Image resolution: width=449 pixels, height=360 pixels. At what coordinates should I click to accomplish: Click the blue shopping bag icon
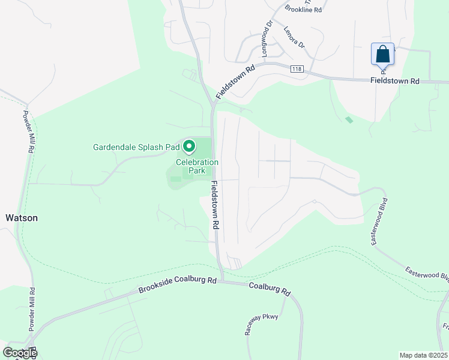click(x=383, y=55)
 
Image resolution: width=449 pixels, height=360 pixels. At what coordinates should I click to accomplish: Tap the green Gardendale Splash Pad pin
click(x=189, y=146)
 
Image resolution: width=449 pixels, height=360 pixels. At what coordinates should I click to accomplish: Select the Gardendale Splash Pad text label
click(x=136, y=146)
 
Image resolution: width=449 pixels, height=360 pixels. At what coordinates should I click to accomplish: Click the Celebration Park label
click(x=197, y=166)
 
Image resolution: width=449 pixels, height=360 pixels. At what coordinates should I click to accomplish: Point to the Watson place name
click(x=22, y=218)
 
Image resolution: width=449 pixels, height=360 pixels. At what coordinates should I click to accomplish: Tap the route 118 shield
click(x=297, y=69)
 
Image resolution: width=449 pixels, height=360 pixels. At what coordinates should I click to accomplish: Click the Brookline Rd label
click(x=304, y=10)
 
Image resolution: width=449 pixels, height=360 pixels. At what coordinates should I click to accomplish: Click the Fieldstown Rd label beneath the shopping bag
click(x=394, y=80)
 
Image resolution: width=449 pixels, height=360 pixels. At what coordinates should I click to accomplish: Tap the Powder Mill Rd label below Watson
click(x=32, y=309)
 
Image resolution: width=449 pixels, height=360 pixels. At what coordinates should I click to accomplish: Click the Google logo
click(x=19, y=353)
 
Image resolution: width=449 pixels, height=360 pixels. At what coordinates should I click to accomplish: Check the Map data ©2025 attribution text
click(x=423, y=355)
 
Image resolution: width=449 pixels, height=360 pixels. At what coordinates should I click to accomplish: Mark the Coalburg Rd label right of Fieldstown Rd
click(x=270, y=289)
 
